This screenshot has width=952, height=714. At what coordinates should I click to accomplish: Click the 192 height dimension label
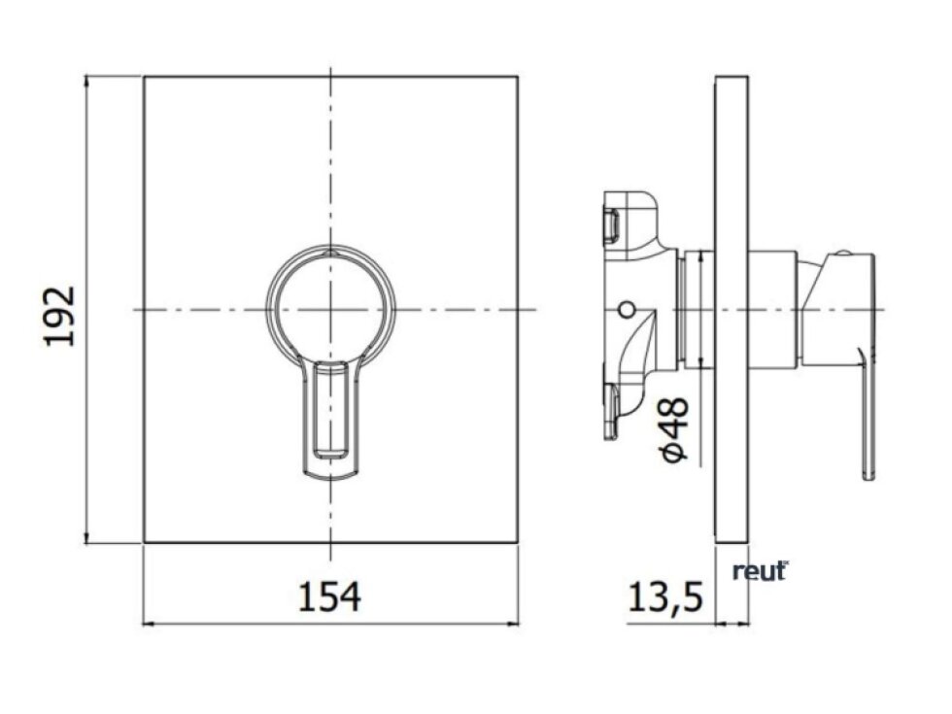coord(60,316)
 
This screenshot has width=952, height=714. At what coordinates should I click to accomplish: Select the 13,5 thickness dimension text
coord(664,596)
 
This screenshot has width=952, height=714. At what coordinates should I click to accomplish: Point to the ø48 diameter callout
coord(675,429)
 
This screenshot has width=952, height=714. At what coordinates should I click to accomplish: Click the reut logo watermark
coord(760,571)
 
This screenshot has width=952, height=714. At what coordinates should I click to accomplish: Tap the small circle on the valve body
coord(628,310)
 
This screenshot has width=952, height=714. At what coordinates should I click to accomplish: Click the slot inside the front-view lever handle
coord(330,409)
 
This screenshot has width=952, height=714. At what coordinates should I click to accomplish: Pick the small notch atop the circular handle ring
coord(330,251)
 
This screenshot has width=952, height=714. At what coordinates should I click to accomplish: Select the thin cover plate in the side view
coord(732,309)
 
